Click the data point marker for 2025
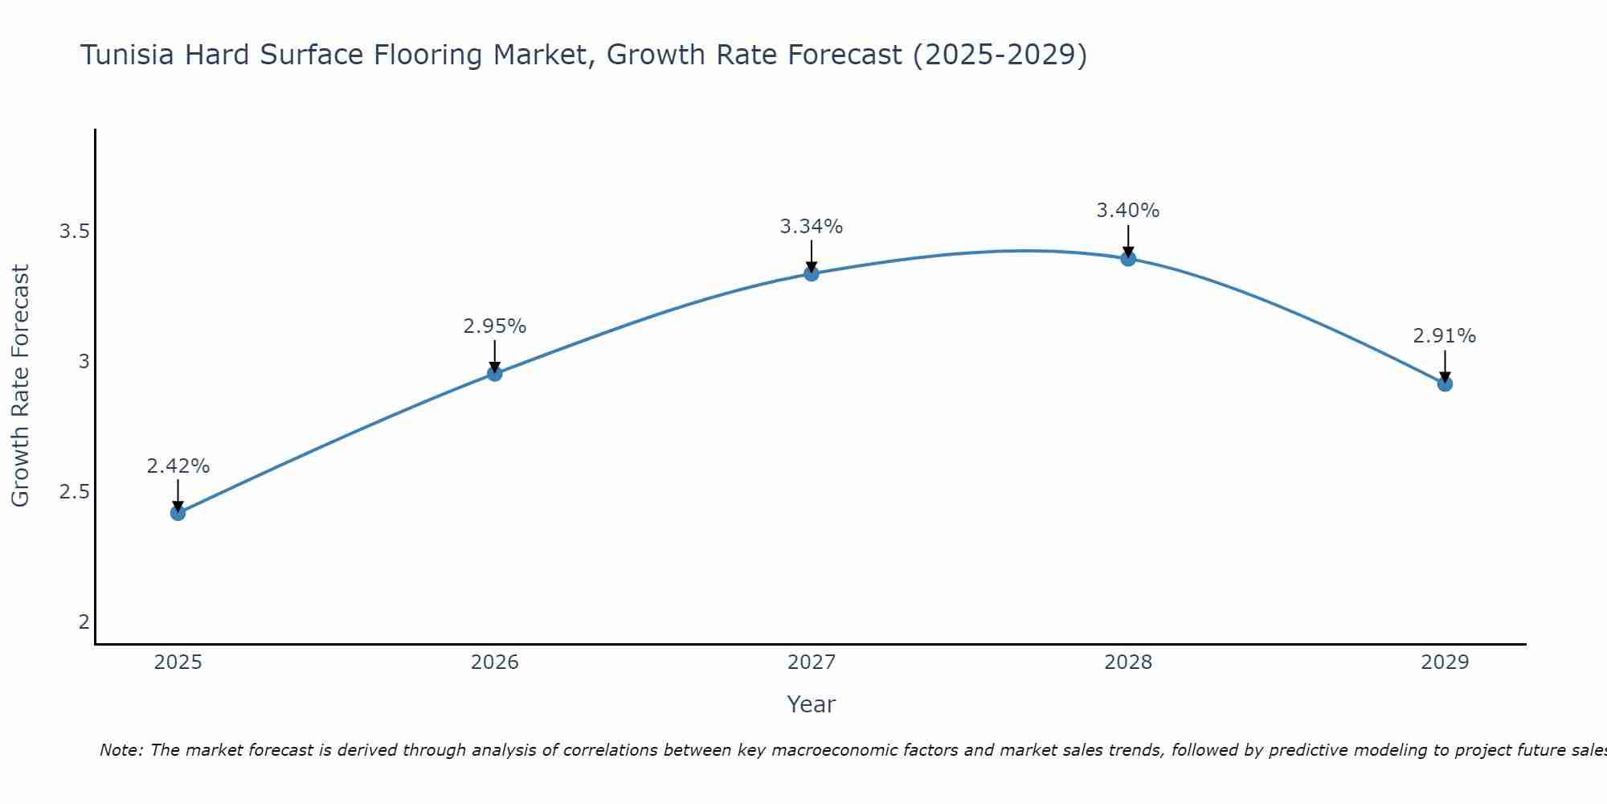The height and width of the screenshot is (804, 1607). click(x=178, y=513)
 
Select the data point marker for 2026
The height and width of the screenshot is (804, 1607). click(x=494, y=373)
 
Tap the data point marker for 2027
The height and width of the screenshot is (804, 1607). click(x=812, y=273)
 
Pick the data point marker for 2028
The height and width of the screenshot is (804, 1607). click(x=1128, y=258)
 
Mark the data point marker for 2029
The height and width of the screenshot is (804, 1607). click(x=1445, y=384)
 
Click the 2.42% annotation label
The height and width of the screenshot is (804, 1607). click(x=178, y=466)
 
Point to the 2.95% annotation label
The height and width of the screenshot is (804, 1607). click(x=494, y=326)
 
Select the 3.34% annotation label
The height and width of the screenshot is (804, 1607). click(x=812, y=227)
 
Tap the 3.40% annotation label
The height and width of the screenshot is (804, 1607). click(x=1128, y=211)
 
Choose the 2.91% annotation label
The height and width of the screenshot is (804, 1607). click(x=1445, y=336)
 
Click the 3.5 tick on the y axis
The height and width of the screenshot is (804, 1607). click(x=73, y=232)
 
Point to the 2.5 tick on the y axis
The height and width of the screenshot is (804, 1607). click(x=73, y=492)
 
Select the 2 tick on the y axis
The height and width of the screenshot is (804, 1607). click(x=84, y=621)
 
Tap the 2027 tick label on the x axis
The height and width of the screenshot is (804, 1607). click(x=812, y=662)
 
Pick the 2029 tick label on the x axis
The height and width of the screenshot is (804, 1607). click(x=1445, y=662)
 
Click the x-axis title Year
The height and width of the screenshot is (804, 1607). click(x=812, y=704)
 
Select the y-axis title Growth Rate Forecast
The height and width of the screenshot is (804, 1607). click(x=20, y=386)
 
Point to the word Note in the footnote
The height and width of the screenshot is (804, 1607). click(x=121, y=750)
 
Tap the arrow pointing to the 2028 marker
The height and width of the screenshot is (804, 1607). click(x=1128, y=241)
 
